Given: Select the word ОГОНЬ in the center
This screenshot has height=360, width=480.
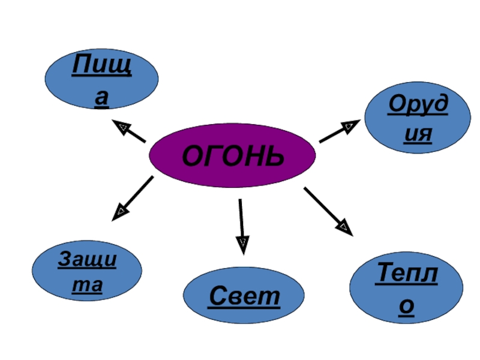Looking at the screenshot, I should (x=232, y=155).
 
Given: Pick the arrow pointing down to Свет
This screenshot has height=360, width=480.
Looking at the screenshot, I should (x=241, y=223).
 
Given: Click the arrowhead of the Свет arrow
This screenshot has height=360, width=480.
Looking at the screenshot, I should (x=243, y=244).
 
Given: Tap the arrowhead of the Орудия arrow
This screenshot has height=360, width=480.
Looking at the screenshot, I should (x=350, y=125).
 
